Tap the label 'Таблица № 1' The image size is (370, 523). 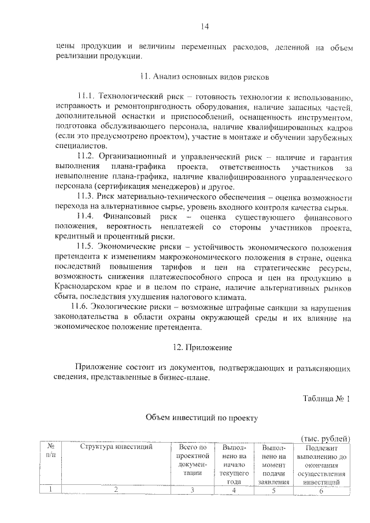tap(326, 399)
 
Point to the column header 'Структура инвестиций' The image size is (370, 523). tap(116, 447)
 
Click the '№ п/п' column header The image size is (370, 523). tap(51, 452)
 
